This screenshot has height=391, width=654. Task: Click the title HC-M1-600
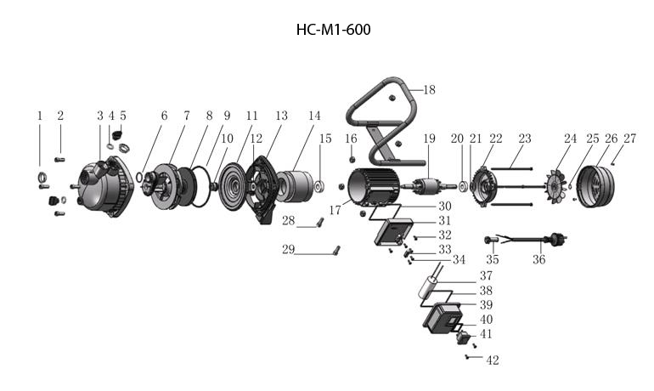[333, 30]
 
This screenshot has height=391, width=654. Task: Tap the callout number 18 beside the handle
[429, 90]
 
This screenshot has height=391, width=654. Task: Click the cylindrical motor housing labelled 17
[374, 186]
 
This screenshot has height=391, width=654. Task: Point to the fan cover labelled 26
[596, 186]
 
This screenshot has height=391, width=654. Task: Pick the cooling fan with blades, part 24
[557, 186]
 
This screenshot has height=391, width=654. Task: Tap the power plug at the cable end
[558, 240]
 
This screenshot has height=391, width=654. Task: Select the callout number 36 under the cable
[538, 259]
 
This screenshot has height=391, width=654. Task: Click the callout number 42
[492, 360]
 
